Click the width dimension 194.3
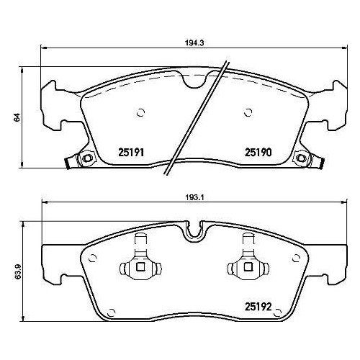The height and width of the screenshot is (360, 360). click(x=191, y=43)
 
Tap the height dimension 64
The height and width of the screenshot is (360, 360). click(x=17, y=117)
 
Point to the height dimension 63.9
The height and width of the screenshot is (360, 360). click(x=17, y=274)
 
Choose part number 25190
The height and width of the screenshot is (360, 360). click(x=256, y=153)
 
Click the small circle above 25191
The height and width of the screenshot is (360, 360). click(x=140, y=112)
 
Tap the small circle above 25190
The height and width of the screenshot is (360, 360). click(x=248, y=112)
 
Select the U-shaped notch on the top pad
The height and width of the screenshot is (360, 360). click(x=194, y=81)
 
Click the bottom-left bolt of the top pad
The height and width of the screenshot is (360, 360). click(x=86, y=158)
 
